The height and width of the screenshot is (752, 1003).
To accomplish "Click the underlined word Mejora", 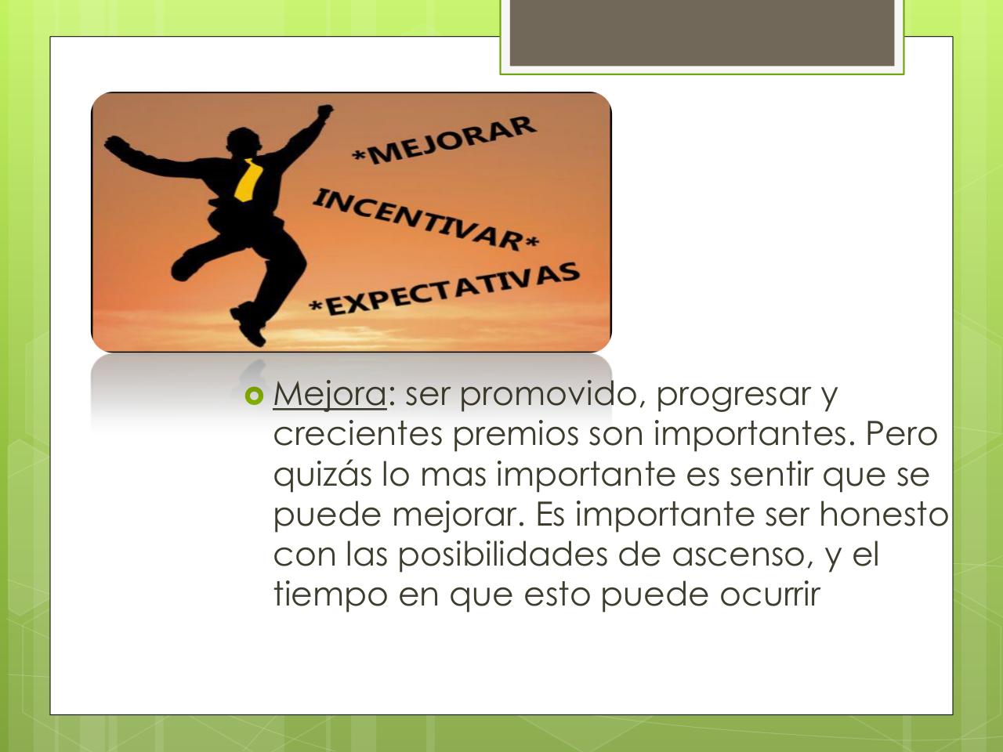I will pyautogui.click(x=329, y=394).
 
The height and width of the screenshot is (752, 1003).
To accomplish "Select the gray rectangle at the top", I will pyautogui.click(x=702, y=34).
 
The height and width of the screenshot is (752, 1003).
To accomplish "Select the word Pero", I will pyautogui.click(x=901, y=434).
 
